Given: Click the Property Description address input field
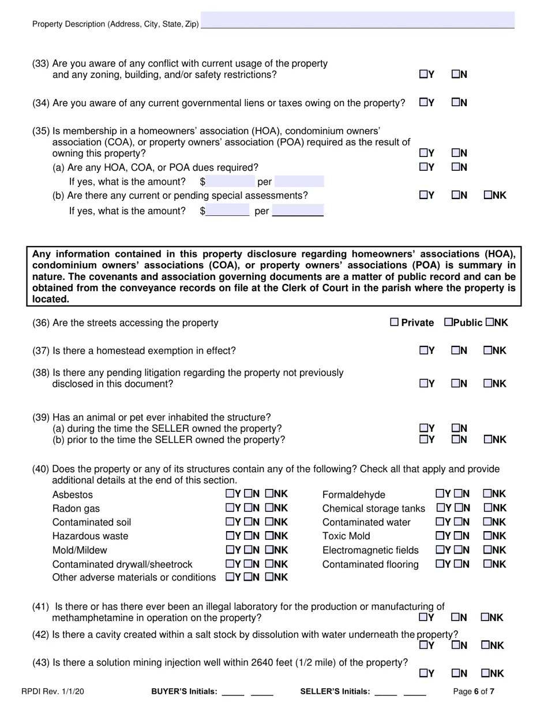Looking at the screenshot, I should click(x=358, y=20).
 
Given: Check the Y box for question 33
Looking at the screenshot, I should click(x=423, y=74).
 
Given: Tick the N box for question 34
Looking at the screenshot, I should click(x=456, y=103).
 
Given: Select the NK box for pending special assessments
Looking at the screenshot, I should click(x=487, y=195).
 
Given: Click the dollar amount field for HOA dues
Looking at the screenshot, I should click(x=230, y=182).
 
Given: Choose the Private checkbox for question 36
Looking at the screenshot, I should click(x=395, y=322).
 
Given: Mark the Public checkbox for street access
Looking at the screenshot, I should click(x=448, y=322).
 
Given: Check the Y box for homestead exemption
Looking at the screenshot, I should click(x=423, y=350).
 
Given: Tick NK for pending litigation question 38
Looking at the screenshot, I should click(x=487, y=383).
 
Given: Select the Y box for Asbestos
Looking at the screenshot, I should click(x=230, y=494).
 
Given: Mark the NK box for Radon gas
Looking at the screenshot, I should click(x=269, y=508).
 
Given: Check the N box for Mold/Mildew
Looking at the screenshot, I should click(x=248, y=550).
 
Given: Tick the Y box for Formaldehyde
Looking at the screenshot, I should click(x=440, y=494).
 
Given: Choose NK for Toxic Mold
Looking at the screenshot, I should click(x=487, y=536).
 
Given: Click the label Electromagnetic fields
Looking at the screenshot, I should click(x=370, y=550).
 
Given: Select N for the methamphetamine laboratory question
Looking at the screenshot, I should click(x=456, y=617).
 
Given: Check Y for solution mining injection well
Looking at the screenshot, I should click(x=423, y=673).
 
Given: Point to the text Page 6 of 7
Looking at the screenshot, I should click(x=474, y=692).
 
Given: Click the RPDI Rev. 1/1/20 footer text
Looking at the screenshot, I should click(x=52, y=692).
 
